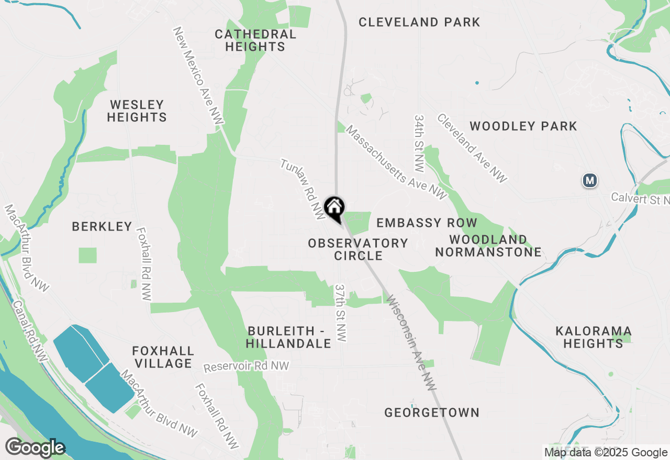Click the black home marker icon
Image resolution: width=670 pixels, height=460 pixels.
334,208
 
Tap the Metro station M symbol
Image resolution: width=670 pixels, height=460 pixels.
590,181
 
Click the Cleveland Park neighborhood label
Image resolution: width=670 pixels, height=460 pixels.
419,22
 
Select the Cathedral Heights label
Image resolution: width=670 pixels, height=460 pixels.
255,40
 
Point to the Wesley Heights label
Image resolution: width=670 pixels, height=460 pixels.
137,111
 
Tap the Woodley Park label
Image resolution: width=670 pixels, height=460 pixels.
523,126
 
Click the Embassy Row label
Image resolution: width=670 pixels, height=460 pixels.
427,223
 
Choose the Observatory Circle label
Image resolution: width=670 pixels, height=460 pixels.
358,249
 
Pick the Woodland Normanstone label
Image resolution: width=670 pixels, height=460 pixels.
488,246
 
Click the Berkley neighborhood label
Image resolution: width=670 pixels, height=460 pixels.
102,226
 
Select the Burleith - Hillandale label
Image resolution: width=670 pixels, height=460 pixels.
288,337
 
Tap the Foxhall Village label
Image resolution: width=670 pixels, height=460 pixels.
163,357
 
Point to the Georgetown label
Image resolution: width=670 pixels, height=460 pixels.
432,412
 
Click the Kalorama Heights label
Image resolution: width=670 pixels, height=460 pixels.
593,337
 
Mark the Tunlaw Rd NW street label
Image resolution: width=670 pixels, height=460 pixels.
303,188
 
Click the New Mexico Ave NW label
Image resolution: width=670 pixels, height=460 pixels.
198,76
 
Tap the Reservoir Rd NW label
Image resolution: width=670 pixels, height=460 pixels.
246,366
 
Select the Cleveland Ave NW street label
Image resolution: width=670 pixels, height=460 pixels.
472,148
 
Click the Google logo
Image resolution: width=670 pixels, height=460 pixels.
35,448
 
